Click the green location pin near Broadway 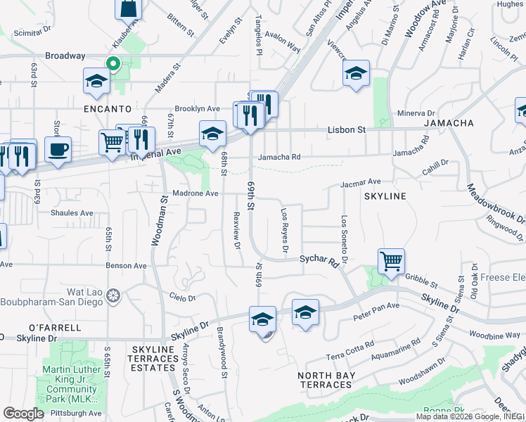point(112,64)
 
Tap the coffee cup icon point(58,149)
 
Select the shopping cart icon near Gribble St point(391,261)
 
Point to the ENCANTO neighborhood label point(108,109)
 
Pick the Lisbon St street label point(347,130)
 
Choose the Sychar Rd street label point(319,260)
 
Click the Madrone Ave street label point(195,193)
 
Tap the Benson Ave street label point(126,267)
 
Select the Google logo point(23,414)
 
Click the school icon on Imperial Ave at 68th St point(212,134)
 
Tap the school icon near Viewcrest point(357,74)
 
